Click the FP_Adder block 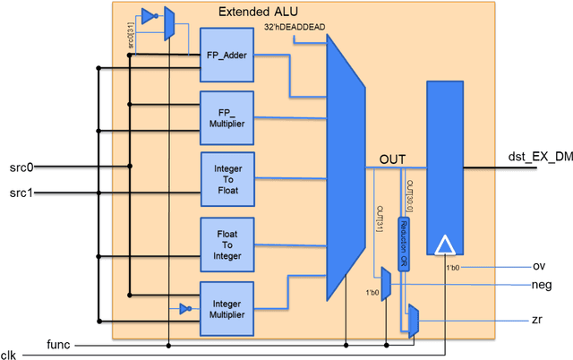pos(227,56)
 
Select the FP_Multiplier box pos(227,116)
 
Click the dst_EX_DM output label pos(539,158)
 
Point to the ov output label pos(539,266)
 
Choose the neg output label pos(541,286)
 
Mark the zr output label pos(538,320)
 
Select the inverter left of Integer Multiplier pos(184,309)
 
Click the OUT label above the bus pos(393,158)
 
